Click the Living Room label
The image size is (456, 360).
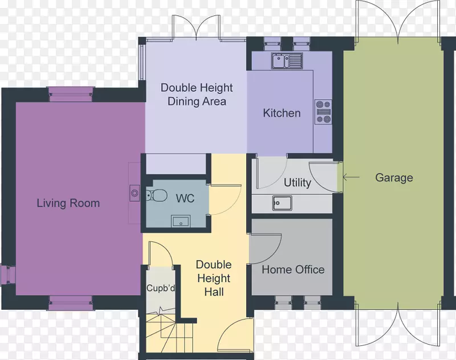coord(68,203)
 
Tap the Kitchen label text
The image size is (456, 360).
coord(282,113)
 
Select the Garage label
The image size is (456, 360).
coord(394,178)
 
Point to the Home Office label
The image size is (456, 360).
coord(293,269)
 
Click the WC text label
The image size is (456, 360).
coord(185,198)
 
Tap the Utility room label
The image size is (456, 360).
coord(298,183)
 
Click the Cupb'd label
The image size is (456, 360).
coord(161,288)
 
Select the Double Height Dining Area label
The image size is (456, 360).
coord(197,95)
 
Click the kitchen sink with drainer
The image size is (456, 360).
coord(287,61)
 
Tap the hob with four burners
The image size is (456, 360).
coord(323,112)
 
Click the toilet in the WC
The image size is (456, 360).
coord(156,195)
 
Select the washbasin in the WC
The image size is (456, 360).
coord(181,222)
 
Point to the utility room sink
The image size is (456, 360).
coord(282,203)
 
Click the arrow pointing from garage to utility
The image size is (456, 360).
coord(351,177)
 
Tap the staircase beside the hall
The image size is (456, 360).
coord(169,332)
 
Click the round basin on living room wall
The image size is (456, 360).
coord(135,193)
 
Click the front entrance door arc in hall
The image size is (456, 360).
coord(230,327)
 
